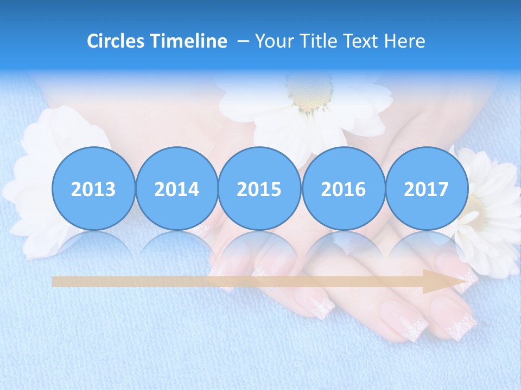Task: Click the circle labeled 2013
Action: click(93, 188)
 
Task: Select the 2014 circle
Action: click(176, 188)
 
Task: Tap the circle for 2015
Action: click(259, 188)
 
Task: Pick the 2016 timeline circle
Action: click(343, 188)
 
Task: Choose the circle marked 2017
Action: click(426, 188)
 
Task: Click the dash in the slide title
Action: click(243, 41)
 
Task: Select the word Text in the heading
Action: click(361, 41)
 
